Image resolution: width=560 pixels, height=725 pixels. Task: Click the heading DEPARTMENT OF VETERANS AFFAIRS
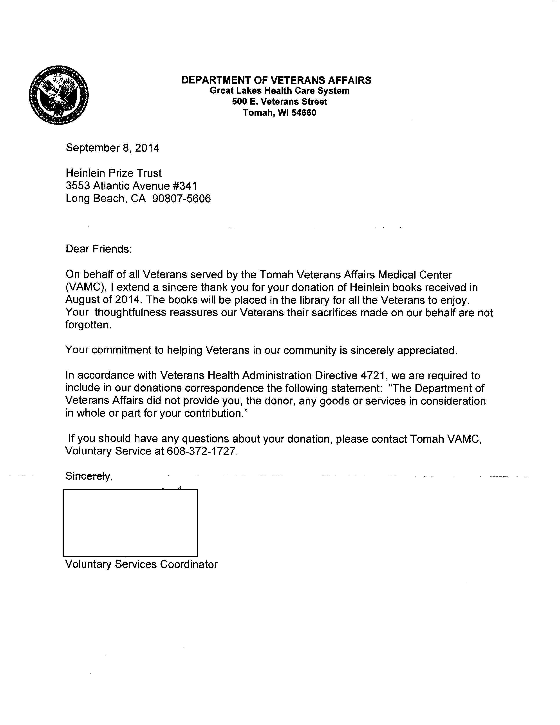(x=276, y=80)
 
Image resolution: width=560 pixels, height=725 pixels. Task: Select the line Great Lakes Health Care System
(x=279, y=91)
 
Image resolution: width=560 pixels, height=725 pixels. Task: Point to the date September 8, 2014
(x=112, y=148)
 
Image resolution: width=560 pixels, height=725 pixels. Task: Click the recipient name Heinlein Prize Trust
(x=114, y=173)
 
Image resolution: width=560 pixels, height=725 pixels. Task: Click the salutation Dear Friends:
(x=99, y=249)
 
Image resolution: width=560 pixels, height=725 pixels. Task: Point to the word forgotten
(x=88, y=325)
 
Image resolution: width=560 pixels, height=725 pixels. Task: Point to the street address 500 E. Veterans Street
(x=279, y=101)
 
